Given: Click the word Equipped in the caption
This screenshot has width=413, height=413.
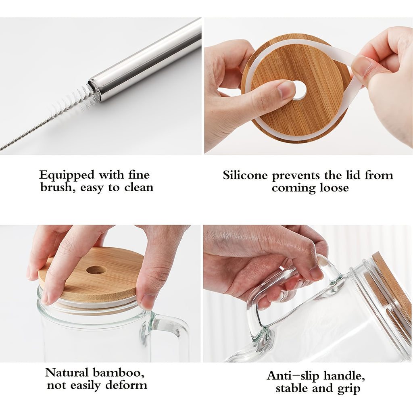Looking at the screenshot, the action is pyautogui.click(x=67, y=175).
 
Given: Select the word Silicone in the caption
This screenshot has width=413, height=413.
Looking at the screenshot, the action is pyautogui.click(x=245, y=175).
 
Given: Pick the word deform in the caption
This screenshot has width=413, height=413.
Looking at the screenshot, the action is pyautogui.click(x=126, y=385).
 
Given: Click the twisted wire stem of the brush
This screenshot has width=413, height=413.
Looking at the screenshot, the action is pyautogui.click(x=26, y=135).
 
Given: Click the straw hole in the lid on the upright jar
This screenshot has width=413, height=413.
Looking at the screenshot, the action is pyautogui.click(x=96, y=270).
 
